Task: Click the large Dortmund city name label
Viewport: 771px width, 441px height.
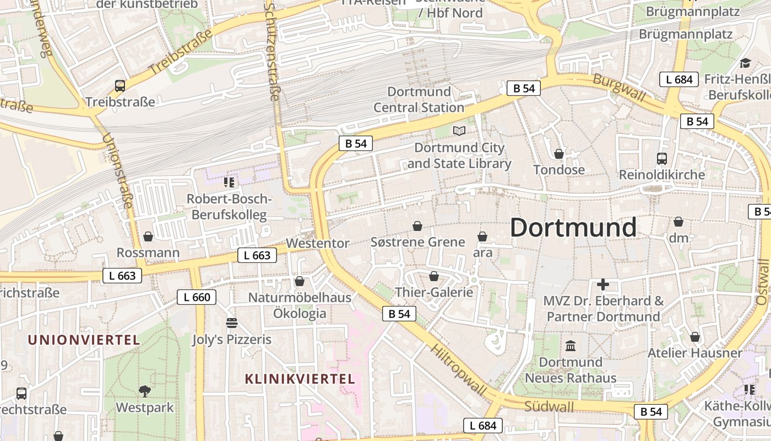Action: click(573, 227)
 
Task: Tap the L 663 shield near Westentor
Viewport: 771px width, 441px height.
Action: click(257, 255)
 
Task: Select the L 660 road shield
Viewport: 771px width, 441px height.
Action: click(197, 297)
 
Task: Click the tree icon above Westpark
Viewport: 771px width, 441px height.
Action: click(145, 391)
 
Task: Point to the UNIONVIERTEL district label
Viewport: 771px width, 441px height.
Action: click(84, 340)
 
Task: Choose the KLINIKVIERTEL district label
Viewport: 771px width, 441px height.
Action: click(300, 379)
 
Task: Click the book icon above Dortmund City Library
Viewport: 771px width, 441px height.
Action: click(459, 131)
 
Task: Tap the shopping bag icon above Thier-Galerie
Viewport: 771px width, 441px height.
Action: click(434, 276)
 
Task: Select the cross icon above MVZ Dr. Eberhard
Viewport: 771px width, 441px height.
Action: click(603, 284)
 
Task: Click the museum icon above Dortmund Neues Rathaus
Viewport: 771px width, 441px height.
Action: click(571, 346)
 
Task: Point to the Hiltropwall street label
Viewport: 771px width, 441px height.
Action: click(459, 371)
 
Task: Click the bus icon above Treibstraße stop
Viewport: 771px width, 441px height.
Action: click(120, 85)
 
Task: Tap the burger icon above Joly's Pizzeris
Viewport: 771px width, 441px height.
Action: click(231, 323)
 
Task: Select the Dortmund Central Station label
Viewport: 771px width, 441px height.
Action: click(419, 99)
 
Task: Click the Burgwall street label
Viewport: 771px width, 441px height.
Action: click(619, 87)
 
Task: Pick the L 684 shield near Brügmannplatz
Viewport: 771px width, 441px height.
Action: click(679, 79)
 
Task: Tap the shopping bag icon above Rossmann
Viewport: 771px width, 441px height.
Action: click(148, 236)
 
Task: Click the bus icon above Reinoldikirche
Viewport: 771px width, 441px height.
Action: click(662, 159)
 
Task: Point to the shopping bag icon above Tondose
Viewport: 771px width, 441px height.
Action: click(559, 154)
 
